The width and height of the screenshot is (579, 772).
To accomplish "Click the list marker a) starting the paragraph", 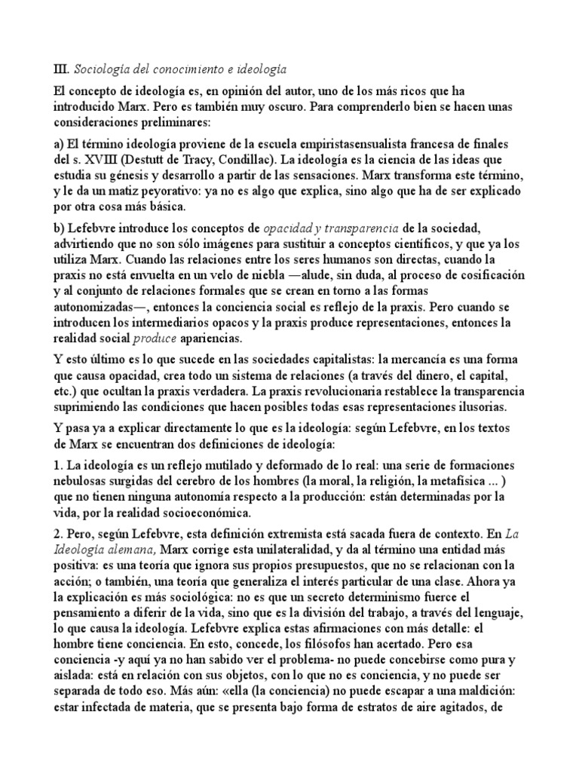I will [60, 143].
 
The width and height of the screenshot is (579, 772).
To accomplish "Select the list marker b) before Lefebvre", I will [60, 228].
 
